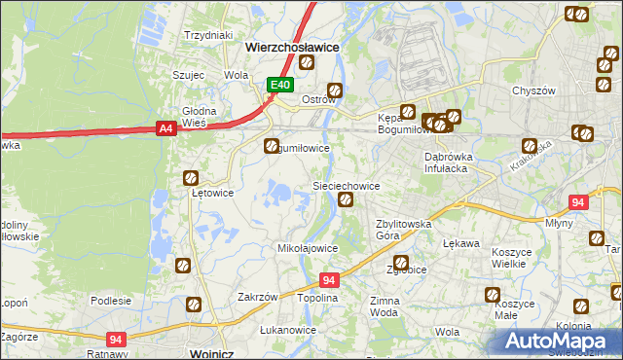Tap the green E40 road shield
[x=280, y=86]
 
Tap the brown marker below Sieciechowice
[x=345, y=200]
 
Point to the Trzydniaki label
[x=207, y=34]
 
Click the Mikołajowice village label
[x=308, y=248]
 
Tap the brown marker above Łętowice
[x=192, y=178]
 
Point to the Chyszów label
[x=533, y=90]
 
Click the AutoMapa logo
[x=562, y=341]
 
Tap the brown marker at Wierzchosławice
[x=307, y=63]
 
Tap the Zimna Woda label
[x=385, y=307]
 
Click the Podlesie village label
[x=111, y=301]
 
